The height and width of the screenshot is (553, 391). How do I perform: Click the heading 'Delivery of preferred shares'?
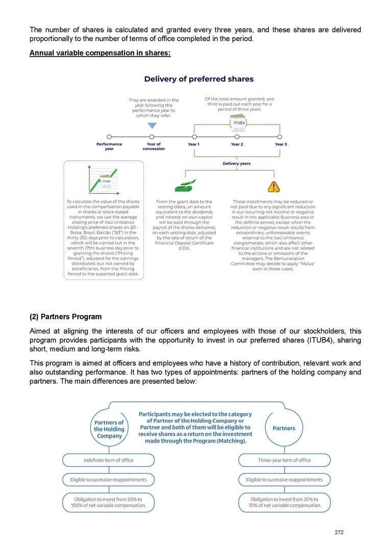pyautogui.click(x=199, y=79)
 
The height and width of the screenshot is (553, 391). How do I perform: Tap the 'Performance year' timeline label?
pyautogui.click(x=109, y=147)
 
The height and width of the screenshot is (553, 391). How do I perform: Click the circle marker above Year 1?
pyautogui.click(x=194, y=137)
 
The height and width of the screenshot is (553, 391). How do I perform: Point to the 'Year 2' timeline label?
pyautogui.click(x=237, y=145)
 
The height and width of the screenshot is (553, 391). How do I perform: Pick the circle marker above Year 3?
pyautogui.click(x=280, y=137)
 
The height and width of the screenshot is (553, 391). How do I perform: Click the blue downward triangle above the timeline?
pyautogui.click(x=152, y=126)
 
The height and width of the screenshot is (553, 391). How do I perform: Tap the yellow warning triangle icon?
pyautogui.click(x=274, y=186)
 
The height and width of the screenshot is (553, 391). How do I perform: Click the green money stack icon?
pyautogui.click(x=185, y=186)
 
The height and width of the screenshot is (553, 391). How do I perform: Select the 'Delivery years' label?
pyautogui.click(x=236, y=163)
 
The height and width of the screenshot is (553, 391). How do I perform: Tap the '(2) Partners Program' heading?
pyautogui.click(x=65, y=317)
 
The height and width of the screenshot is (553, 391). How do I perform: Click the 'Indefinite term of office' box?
pyautogui.click(x=108, y=460)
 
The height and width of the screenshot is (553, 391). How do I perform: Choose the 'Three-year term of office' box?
pyautogui.click(x=284, y=460)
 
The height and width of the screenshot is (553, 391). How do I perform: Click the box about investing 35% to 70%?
pyautogui.click(x=284, y=502)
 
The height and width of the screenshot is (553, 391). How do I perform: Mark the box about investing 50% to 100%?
pyautogui.click(x=108, y=502)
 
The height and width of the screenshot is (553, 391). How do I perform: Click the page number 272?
pyautogui.click(x=339, y=532)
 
